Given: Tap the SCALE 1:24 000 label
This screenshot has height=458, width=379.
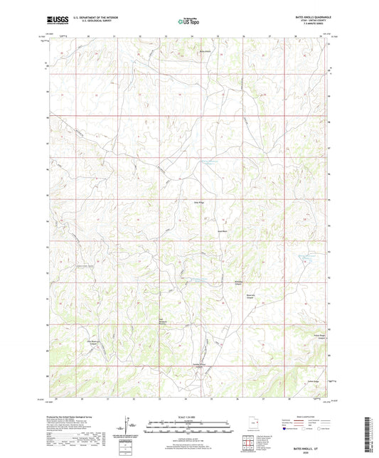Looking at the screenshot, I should (x=189, y=417).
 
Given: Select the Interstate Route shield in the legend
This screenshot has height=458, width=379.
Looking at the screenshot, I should (x=286, y=429).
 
